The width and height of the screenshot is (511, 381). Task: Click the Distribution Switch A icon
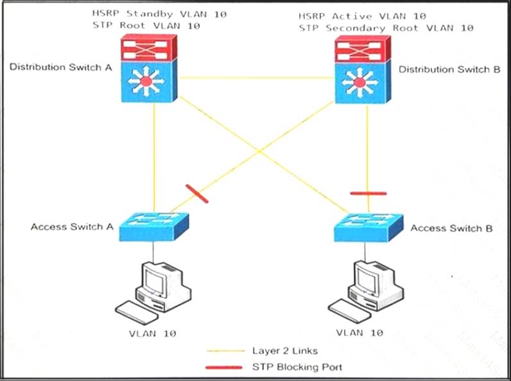point(148,69)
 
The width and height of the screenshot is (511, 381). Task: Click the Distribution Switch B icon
point(363,69)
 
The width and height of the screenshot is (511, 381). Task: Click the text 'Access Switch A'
point(72,226)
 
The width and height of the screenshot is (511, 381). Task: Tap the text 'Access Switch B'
point(451,228)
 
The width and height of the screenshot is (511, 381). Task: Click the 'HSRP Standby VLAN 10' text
point(159,13)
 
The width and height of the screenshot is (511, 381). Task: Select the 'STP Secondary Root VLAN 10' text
point(386,28)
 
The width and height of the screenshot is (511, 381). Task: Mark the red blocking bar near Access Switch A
point(196,193)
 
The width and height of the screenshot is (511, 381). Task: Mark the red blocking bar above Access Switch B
point(368,192)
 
